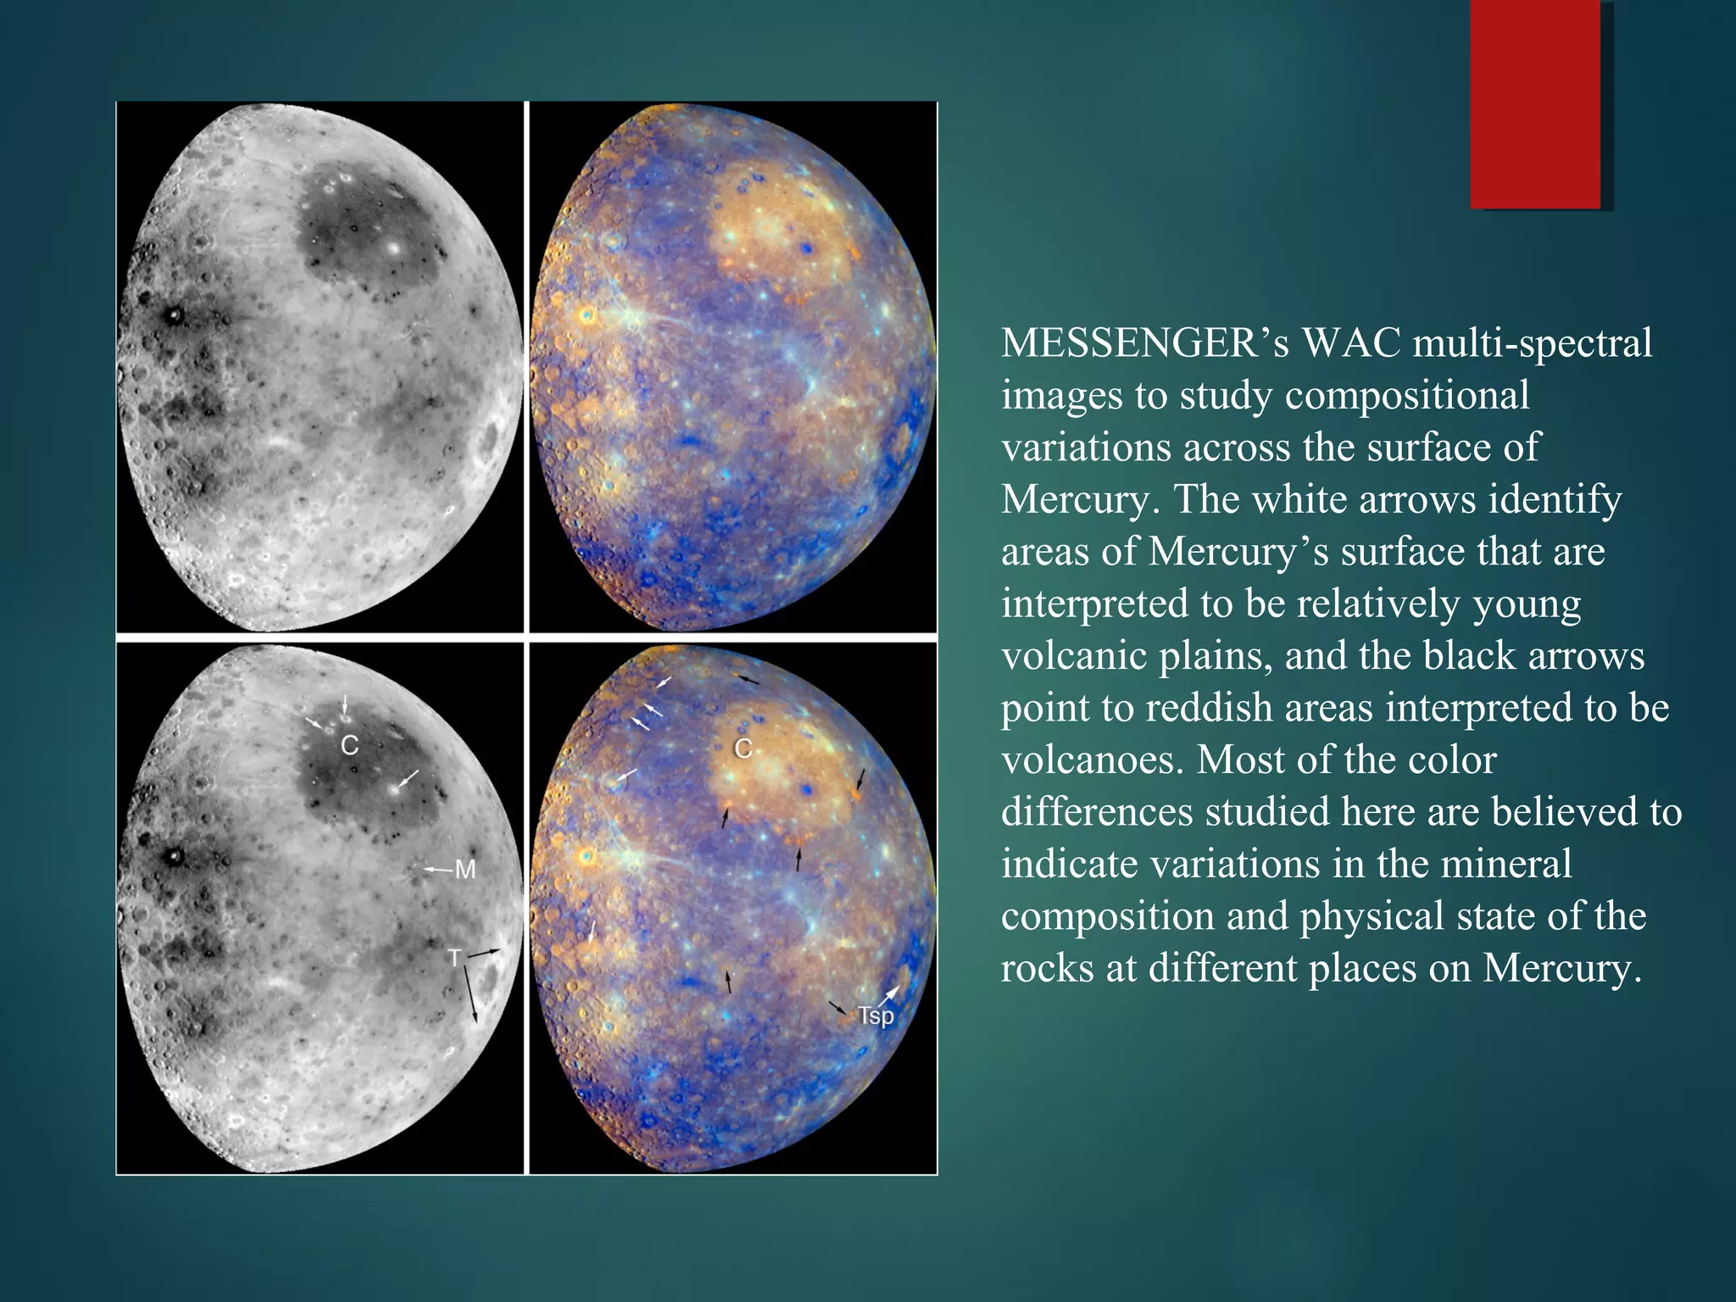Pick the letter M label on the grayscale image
465,870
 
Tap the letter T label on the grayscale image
455,959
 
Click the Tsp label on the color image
875,1015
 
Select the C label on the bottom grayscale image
349,746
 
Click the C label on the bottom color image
743,748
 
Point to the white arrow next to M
438,870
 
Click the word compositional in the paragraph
1407,396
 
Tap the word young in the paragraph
1527,604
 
